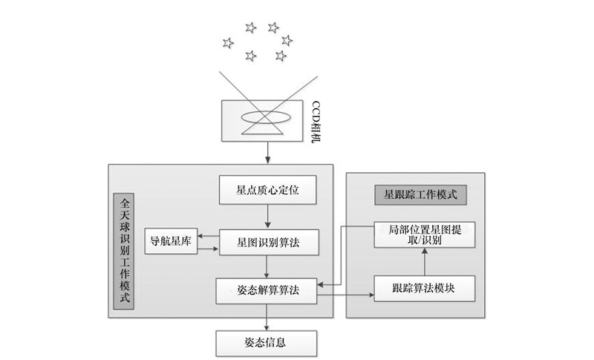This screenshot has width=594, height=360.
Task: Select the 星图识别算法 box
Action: [267, 241]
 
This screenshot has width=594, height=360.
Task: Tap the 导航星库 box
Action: [171, 241]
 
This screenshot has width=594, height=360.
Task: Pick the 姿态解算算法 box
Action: [267, 290]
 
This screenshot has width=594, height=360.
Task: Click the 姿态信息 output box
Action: [267, 342]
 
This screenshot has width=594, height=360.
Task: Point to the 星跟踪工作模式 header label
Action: [420, 195]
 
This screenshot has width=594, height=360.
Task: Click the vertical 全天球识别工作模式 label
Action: [124, 252]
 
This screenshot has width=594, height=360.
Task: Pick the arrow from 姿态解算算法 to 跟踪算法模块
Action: [345, 296]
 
